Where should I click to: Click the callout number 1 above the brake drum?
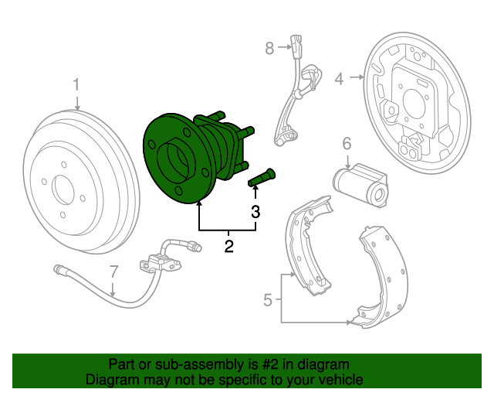(76, 85)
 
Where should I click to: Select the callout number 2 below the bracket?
(229, 246)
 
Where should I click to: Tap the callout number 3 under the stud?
(255, 212)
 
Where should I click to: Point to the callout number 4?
(339, 79)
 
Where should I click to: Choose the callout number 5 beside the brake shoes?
(268, 299)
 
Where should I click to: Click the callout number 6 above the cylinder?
(347, 144)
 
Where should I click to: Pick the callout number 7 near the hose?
(113, 271)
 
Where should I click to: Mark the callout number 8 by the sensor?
(269, 48)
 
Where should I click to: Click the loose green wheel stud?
(262, 177)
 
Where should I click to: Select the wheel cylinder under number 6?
(361, 186)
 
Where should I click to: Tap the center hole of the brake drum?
(63, 190)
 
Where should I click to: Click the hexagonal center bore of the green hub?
(174, 159)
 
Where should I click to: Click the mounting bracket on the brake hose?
(160, 263)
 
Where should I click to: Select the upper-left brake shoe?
(309, 245)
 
